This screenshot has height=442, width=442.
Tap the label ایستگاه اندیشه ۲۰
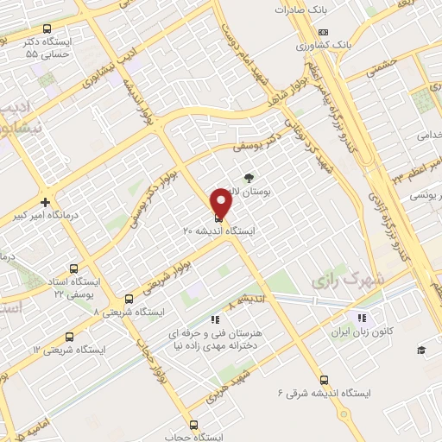pyautogui.click(x=205, y=231)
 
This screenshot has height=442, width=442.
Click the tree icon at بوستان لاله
pyautogui.click(x=250, y=176)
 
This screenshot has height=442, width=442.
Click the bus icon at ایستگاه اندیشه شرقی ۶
pyautogui.click(x=323, y=380)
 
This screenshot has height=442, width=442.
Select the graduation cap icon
pyautogui.click(x=421, y=350)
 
